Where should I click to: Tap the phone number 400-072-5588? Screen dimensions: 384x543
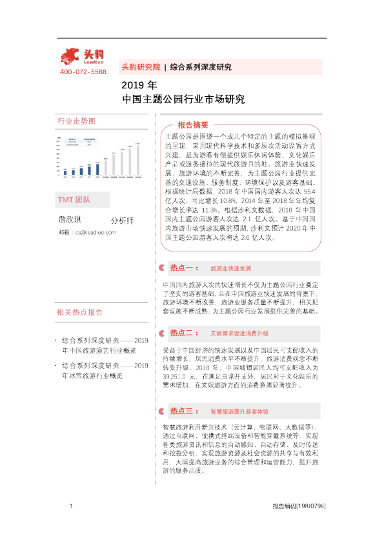[x=83, y=72]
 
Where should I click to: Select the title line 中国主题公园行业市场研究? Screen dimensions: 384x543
[x=183, y=99]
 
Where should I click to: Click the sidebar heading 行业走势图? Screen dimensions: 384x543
[x=76, y=122]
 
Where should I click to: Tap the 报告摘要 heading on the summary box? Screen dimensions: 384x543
[x=192, y=124]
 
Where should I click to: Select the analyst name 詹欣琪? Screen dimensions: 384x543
[x=71, y=219]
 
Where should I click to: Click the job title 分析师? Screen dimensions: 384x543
[x=122, y=221]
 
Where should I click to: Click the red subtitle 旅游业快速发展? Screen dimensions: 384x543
[x=231, y=267]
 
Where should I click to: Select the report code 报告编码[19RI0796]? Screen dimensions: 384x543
[x=299, y=506]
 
